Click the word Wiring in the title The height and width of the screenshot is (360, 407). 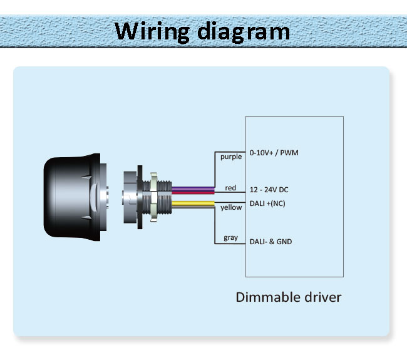point(152,31)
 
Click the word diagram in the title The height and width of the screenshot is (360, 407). point(244,31)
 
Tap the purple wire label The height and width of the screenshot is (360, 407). point(231,157)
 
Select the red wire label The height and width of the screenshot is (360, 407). point(230,188)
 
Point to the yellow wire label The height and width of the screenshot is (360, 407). point(231,207)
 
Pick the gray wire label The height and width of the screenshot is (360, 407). point(231,238)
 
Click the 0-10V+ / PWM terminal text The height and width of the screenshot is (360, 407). point(274,153)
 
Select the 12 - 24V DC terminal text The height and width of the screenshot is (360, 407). point(269,190)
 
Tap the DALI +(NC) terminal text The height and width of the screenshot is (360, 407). point(267,203)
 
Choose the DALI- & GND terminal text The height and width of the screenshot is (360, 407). point(270,242)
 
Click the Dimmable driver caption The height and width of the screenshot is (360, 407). point(289,297)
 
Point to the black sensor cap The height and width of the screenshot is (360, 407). point(72,197)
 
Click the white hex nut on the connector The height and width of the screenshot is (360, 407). point(153,197)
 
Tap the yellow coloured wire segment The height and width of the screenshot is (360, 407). point(193,203)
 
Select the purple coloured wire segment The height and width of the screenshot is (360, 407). point(193,188)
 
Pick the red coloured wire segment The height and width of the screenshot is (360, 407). point(193,192)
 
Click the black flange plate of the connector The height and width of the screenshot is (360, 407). point(140,197)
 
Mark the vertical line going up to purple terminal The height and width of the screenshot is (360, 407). point(215,169)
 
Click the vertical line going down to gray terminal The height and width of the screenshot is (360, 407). point(215,225)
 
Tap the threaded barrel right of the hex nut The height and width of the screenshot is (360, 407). point(165,197)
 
